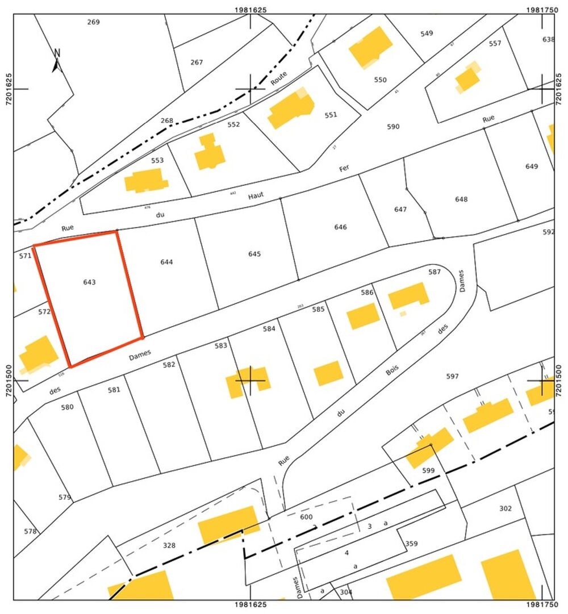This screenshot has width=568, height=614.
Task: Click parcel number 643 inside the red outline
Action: tap(89, 282)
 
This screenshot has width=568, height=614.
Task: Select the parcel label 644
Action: tap(166, 262)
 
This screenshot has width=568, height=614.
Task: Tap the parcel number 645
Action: tap(254, 254)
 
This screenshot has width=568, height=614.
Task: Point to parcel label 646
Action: tap(340, 227)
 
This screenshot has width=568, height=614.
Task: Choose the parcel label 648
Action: tap(461, 199)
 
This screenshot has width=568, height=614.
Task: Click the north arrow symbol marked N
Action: tap(57, 60)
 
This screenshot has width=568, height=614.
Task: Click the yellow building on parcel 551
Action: tap(291, 108)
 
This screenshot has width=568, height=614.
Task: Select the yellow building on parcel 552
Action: tap(209, 152)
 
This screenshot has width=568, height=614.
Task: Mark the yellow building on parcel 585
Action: tap(363, 316)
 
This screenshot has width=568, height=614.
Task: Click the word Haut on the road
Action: tap(256, 197)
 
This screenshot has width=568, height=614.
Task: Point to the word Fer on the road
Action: tap(344, 168)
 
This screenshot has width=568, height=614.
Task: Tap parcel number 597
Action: tap(452, 377)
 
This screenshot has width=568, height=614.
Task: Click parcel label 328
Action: tap(169, 545)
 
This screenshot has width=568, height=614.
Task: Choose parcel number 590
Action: tap(393, 127)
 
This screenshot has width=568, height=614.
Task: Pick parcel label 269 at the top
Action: tap(94, 22)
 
